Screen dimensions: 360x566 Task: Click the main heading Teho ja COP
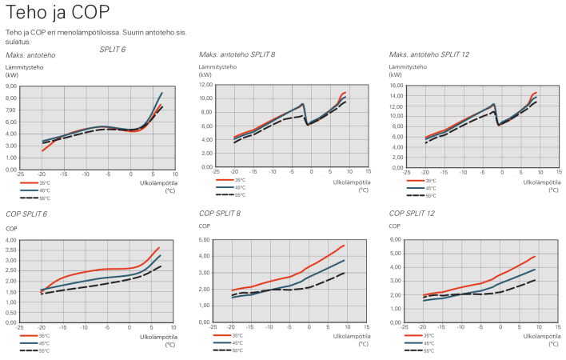point(58,13)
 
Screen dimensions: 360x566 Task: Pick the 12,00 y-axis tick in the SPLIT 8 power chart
point(204,85)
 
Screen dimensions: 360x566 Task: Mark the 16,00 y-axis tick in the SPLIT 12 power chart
point(395,85)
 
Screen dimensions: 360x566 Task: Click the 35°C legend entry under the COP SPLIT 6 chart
point(44,335)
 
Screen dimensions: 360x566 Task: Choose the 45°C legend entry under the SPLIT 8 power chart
point(237,188)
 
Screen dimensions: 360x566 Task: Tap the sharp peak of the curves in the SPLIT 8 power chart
point(303,104)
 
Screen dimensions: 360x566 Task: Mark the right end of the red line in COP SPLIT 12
point(534,256)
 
